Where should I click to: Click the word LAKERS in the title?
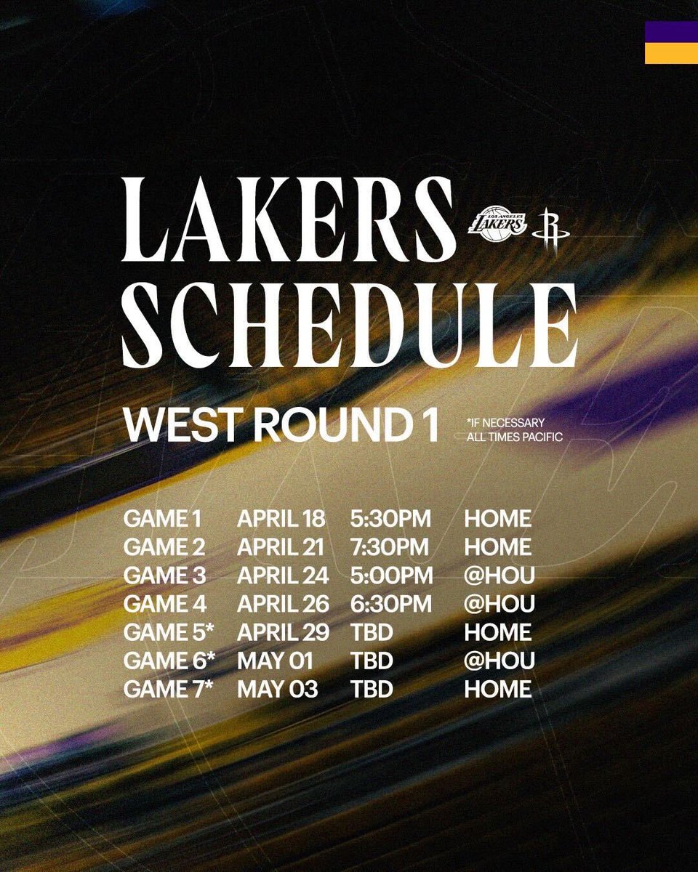[x=287, y=220]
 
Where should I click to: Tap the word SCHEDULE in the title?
[x=349, y=325]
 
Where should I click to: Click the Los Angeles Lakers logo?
[x=497, y=221]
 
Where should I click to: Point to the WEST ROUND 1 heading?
[x=281, y=425]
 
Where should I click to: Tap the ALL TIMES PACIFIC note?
[x=515, y=437]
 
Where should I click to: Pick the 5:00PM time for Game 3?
[x=391, y=576]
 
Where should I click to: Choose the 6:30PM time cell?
[x=391, y=605]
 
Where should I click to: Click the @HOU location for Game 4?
[x=500, y=605]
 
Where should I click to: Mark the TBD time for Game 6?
[x=372, y=661]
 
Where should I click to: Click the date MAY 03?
[x=277, y=690]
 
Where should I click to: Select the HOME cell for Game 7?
[x=498, y=690]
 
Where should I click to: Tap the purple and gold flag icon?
[x=670, y=42]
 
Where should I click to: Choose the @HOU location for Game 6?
[x=500, y=661]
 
